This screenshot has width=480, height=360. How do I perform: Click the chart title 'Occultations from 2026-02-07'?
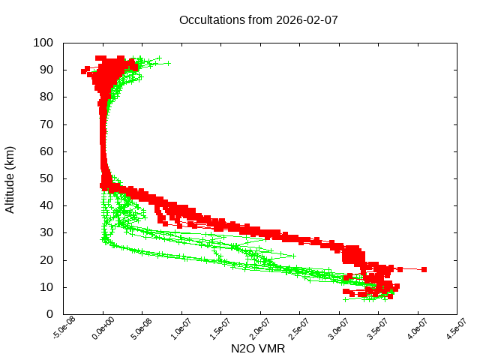point(258,19)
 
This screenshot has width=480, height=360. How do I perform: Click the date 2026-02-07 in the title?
point(308,19)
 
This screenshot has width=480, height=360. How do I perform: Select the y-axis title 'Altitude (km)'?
point(10,178)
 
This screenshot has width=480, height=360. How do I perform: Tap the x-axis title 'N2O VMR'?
point(259,349)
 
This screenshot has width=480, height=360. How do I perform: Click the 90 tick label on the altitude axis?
point(46,70)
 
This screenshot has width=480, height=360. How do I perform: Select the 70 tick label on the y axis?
point(46,124)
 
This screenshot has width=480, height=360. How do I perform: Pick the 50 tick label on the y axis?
point(46,178)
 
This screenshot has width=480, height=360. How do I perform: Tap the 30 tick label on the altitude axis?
point(46,232)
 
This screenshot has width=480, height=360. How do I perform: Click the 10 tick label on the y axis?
point(46,287)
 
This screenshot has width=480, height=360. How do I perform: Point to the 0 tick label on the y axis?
point(49,314)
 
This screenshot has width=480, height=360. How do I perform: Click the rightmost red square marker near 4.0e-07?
point(424,269)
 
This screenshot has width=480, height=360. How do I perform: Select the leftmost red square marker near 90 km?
point(84,71)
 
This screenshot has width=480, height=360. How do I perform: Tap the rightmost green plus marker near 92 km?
point(168,63)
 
